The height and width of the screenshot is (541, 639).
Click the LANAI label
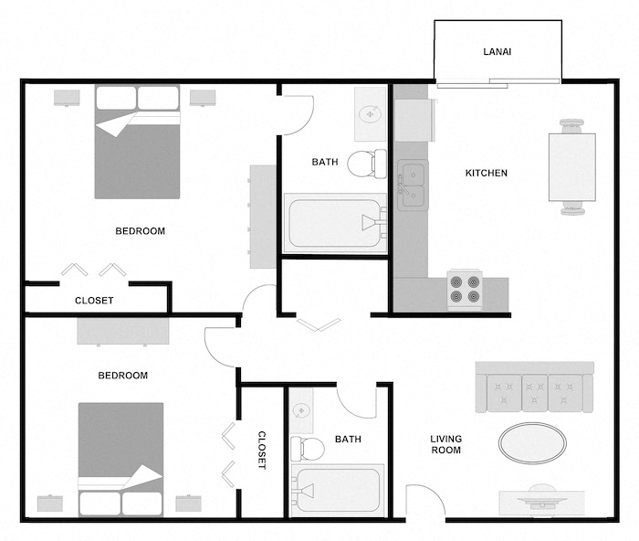tap(497, 52)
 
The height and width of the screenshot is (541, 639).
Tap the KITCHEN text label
tap(487, 173)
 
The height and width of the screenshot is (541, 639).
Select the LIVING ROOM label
tap(446, 444)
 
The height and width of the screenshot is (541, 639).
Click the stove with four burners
tap(464, 289)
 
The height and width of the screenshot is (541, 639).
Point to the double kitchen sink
tap(412, 184)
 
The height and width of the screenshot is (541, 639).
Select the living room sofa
tap(534, 387)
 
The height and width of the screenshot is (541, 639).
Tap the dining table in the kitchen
tap(571, 167)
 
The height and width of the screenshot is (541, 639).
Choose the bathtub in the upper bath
tap(334, 222)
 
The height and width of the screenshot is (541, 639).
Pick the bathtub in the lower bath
tap(336, 491)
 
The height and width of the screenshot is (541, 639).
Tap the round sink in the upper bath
tap(370, 113)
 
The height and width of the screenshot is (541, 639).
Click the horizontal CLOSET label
tap(94, 301)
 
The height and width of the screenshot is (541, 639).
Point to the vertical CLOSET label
tap(261, 450)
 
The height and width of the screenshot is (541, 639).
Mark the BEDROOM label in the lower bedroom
tap(122, 376)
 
